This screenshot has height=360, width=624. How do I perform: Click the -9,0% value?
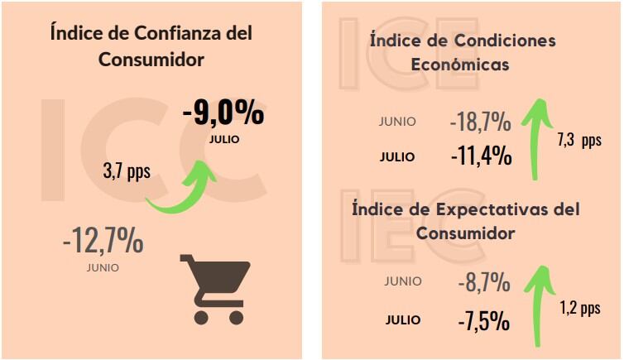click(x=223, y=113)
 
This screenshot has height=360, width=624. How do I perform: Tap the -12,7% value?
click(x=103, y=242)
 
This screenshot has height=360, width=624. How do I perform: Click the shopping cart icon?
click(x=214, y=287)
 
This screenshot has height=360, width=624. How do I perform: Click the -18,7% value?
click(x=481, y=122)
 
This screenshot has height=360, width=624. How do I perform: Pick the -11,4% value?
click(x=481, y=155)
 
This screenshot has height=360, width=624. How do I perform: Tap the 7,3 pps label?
click(x=579, y=140)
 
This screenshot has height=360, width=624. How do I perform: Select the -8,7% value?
click(x=483, y=283)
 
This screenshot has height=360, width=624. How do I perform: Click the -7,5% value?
click(x=483, y=319)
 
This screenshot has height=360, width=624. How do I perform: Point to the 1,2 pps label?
click(x=579, y=308)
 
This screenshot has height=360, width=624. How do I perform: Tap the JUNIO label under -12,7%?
click(x=103, y=267)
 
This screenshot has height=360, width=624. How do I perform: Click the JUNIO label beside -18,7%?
click(x=398, y=121)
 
